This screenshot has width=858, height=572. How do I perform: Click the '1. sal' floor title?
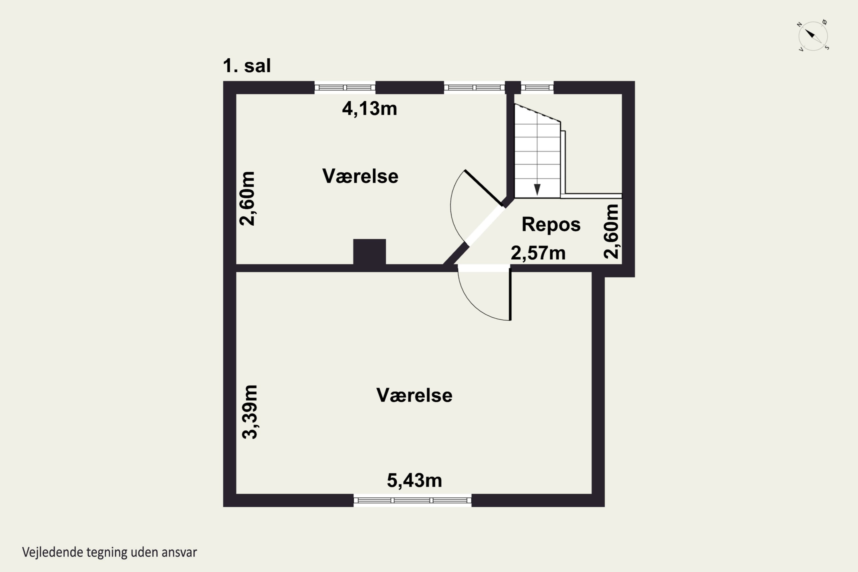(247, 66)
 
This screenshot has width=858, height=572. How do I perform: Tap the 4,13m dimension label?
(370, 109)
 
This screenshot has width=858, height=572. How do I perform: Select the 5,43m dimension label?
(414, 480)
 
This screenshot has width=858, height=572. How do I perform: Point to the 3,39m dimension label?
(250, 412)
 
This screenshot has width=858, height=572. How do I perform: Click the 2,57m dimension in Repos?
(538, 253)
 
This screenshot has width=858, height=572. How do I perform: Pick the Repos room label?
(551, 224)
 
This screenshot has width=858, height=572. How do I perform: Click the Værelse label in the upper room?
(360, 176)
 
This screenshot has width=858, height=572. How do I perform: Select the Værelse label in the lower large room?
(414, 395)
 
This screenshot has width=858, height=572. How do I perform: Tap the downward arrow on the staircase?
(537, 189)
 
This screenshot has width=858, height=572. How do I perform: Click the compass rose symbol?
(813, 36)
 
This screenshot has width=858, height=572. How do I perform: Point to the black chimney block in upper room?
(370, 252)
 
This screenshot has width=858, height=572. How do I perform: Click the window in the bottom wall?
(413, 500)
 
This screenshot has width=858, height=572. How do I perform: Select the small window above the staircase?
(537, 88)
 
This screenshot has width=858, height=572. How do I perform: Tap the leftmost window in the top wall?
(345, 88)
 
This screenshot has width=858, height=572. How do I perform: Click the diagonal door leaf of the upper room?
(483, 188)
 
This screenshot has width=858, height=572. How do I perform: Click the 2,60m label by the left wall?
(247, 198)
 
